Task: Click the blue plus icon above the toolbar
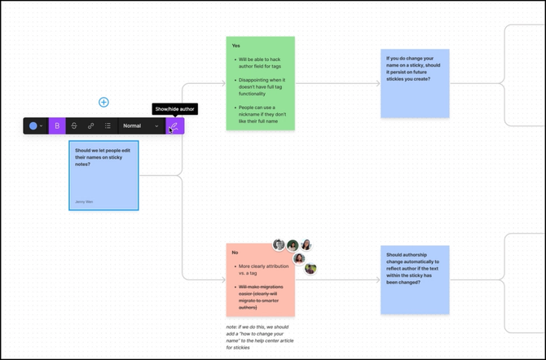(x=103, y=102)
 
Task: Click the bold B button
(x=57, y=126)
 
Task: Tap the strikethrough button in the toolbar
(x=74, y=126)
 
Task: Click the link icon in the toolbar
(x=91, y=126)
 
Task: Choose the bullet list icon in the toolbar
(x=108, y=126)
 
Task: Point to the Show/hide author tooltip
(x=174, y=109)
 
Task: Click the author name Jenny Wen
(x=84, y=200)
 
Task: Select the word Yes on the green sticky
(x=236, y=46)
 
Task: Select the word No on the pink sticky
(x=235, y=252)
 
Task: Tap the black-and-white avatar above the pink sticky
(x=279, y=245)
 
